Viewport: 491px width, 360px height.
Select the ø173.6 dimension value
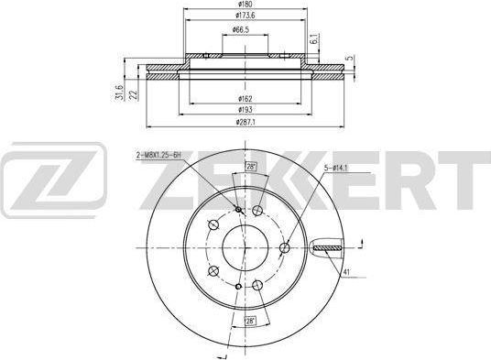click(x=244, y=19)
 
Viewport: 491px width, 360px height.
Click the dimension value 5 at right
click(x=349, y=59)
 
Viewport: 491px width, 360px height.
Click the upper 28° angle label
click(x=251, y=168)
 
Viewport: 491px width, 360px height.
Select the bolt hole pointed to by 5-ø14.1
click(x=285, y=245)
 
